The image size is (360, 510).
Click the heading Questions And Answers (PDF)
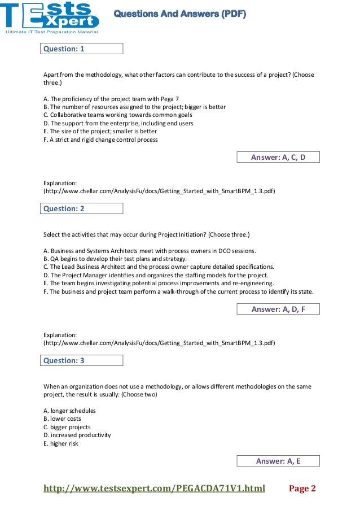click(x=180, y=14)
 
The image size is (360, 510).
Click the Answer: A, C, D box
click(x=278, y=158)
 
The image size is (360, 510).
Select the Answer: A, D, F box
click(x=278, y=309)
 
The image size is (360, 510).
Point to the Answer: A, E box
click(x=278, y=461)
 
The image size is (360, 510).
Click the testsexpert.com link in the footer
click(x=154, y=488)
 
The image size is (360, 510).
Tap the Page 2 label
click(x=302, y=488)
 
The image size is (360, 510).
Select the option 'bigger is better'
click(x=134, y=107)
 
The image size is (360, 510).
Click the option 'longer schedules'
click(x=69, y=411)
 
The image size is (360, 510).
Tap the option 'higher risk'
click(x=60, y=443)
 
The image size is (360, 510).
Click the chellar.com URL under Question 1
click(x=159, y=191)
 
